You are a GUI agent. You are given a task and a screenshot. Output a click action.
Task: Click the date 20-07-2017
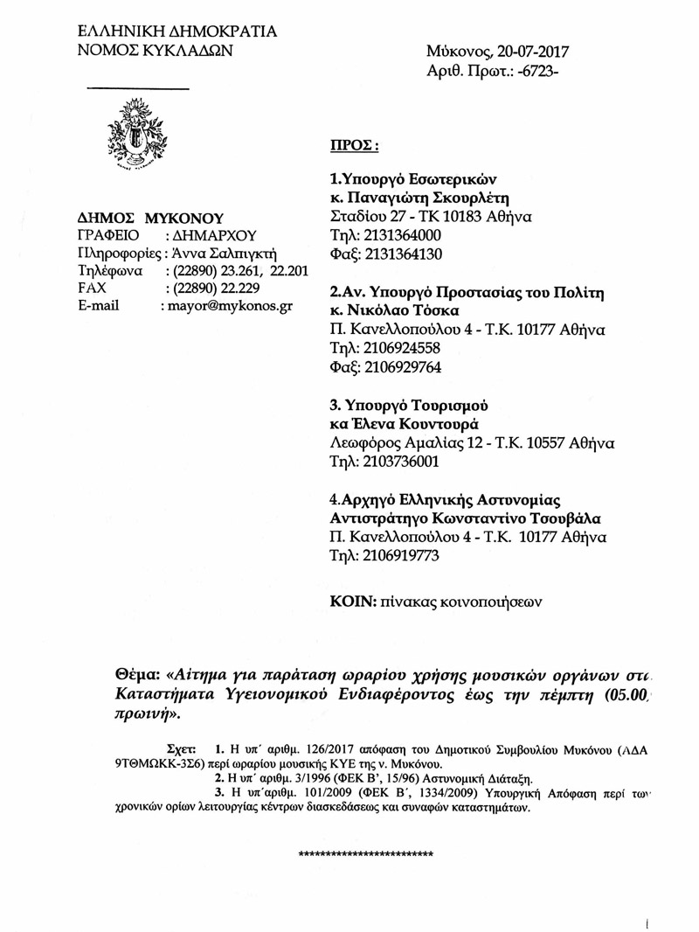coord(516,52)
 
